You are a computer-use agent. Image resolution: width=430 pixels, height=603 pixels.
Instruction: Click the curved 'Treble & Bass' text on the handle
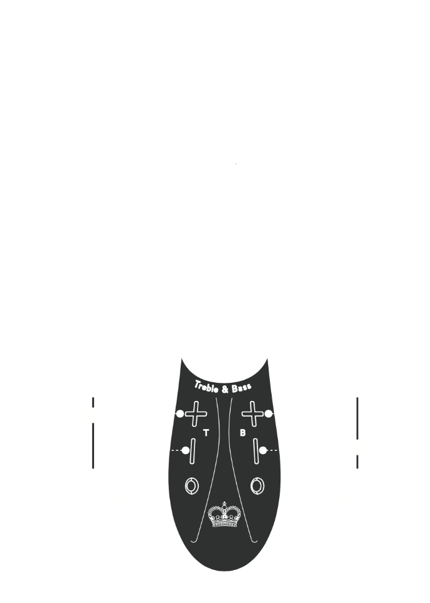pos(223,387)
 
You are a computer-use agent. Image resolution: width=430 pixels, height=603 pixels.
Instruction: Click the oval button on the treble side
pos(191,485)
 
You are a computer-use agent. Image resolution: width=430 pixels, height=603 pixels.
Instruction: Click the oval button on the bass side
pos(256,485)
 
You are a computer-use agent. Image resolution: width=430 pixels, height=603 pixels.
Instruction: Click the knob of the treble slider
pos(93,415)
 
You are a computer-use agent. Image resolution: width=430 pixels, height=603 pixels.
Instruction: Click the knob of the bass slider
pos(358,447)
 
